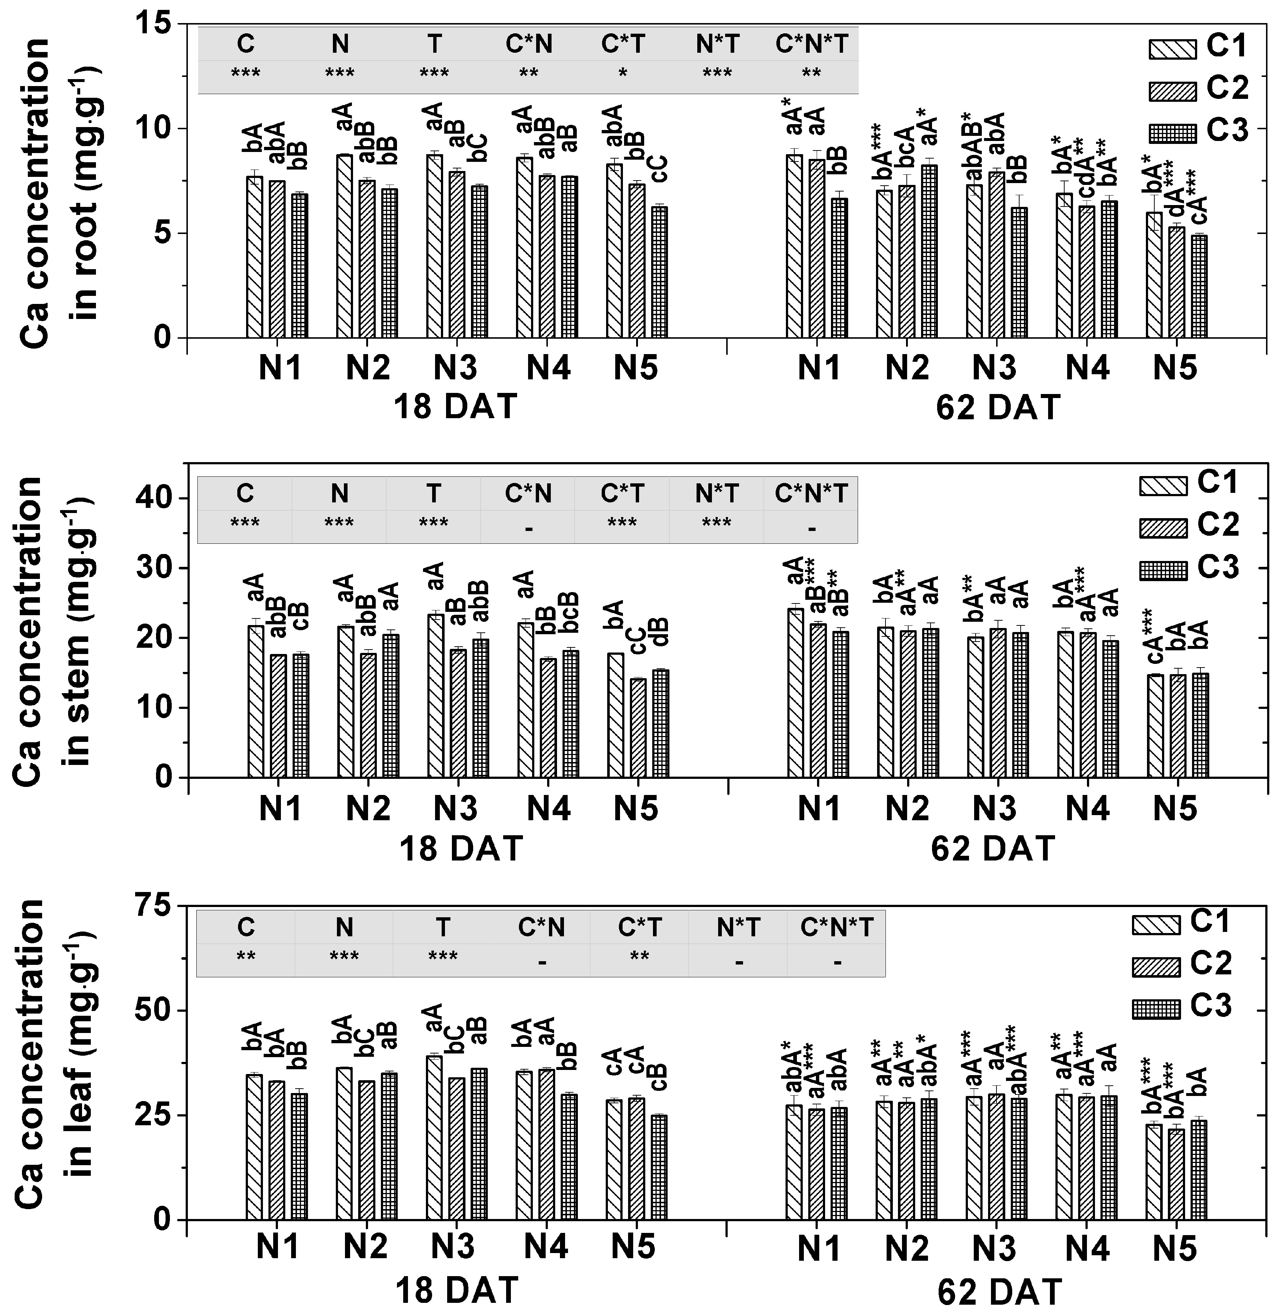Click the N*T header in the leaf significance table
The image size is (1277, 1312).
pos(738,928)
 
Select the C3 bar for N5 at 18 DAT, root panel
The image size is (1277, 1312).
pos(659,272)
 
